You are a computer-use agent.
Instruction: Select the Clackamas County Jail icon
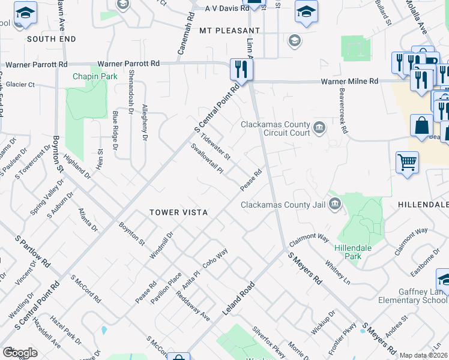[x=334, y=205]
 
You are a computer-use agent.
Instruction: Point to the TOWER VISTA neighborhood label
[x=178, y=212]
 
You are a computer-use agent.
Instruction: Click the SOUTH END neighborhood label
[x=51, y=39]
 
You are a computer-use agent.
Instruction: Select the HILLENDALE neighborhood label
[x=423, y=205]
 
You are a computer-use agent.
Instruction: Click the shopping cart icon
[x=407, y=163]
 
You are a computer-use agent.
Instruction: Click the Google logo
[x=20, y=353]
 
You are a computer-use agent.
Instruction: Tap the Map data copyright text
[x=424, y=355]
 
